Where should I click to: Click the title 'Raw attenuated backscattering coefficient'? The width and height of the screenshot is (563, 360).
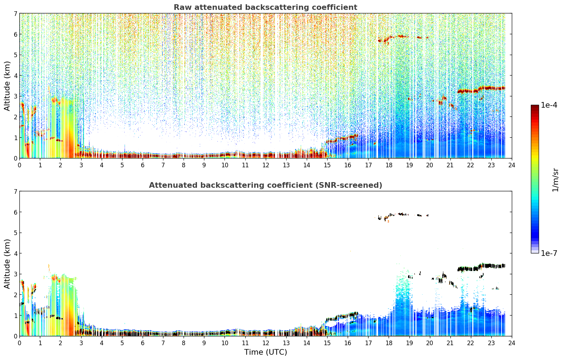tap(265, 7)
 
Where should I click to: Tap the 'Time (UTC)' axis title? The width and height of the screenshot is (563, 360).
tap(265, 352)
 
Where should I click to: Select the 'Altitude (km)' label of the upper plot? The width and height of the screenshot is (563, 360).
tap(7, 86)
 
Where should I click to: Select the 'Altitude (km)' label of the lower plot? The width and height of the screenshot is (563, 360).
tap(7, 264)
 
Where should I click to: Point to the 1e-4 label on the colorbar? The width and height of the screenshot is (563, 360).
tap(549, 105)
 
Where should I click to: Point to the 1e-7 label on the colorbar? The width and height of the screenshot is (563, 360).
tap(549, 253)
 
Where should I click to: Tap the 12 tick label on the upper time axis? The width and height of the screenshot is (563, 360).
tap(266, 165)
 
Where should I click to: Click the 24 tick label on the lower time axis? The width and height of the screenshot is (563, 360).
tap(512, 343)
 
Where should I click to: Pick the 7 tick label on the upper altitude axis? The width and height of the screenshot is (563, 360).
tap(15, 13)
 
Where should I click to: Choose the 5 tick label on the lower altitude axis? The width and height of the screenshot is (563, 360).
tap(15, 233)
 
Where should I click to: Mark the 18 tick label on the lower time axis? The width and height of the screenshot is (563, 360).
tap(389, 343)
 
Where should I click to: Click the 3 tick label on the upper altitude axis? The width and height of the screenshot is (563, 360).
tap(15, 96)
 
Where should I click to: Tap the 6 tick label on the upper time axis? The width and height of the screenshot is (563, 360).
tap(143, 165)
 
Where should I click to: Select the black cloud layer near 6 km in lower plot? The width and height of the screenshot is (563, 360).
tap(402, 215)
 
